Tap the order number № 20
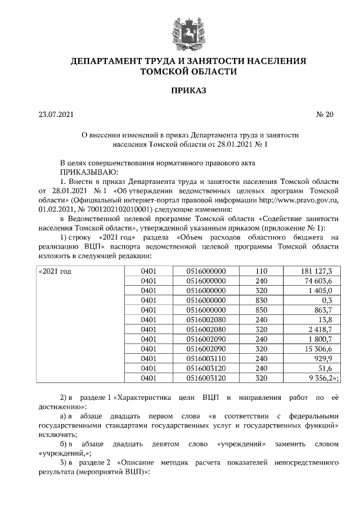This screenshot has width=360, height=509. click(325, 115)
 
